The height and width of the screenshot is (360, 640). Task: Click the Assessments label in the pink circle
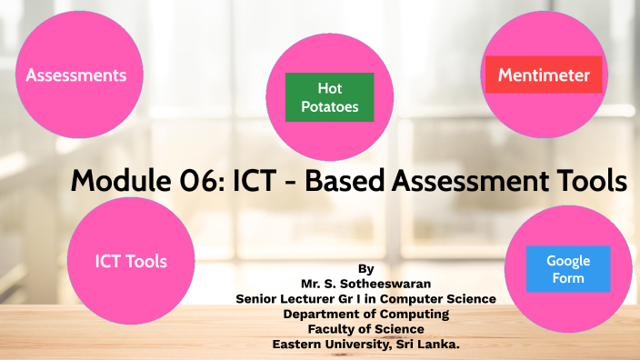pyautogui.click(x=75, y=75)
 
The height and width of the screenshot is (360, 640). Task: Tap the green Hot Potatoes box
pyautogui.click(x=329, y=97)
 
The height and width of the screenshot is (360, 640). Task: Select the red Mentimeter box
pyautogui.click(x=544, y=75)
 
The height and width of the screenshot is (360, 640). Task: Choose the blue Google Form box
pyautogui.click(x=568, y=269)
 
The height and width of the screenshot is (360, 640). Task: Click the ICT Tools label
pyautogui.click(x=131, y=261)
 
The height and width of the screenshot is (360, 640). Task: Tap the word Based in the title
pyautogui.click(x=345, y=182)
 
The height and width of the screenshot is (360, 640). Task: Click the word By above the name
pyautogui.click(x=365, y=269)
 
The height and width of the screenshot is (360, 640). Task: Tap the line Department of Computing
pyautogui.click(x=365, y=314)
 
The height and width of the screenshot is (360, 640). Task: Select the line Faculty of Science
pyautogui.click(x=365, y=328)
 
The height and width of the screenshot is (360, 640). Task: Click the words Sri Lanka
pyautogui.click(x=426, y=344)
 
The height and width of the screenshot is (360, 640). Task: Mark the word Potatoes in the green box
pyautogui.click(x=329, y=106)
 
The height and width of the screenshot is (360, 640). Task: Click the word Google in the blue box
pyautogui.click(x=568, y=261)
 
